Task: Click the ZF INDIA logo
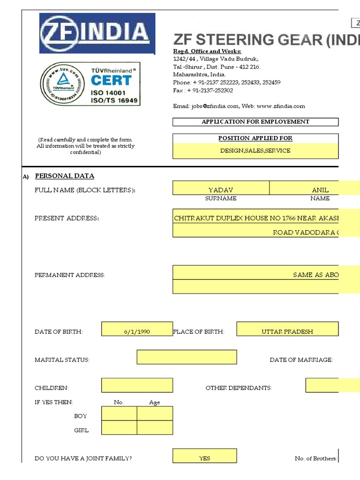coord(97,33)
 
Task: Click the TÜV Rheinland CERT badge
coord(90,85)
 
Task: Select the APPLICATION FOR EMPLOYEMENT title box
coord(255,122)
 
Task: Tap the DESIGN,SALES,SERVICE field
coord(255,151)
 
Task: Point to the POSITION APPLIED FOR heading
coord(255,138)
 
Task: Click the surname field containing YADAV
coord(221,190)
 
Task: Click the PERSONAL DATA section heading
coord(65,176)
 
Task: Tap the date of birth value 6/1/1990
coord(137,331)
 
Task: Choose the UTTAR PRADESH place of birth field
coord(287,331)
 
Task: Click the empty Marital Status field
coord(187,357)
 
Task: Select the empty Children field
coord(137,385)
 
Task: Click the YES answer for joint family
coord(205,458)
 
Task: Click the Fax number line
coord(203,90)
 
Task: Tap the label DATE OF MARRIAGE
coord(301,360)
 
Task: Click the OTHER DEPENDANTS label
coord(239,388)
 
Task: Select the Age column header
coord(155,403)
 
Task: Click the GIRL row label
coord(81,430)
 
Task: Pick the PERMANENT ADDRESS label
coord(70,275)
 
